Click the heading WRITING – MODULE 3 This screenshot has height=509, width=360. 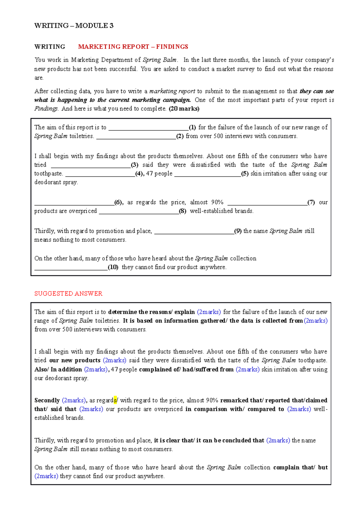[x=74, y=26]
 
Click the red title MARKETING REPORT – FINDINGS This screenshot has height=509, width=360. [x=133, y=47]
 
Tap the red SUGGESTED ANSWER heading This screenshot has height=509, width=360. [x=68, y=293]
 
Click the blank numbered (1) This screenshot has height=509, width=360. [x=148, y=128]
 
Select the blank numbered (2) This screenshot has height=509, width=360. [x=136, y=137]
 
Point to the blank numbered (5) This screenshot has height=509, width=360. [x=207, y=174]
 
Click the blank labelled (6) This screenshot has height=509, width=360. [x=74, y=203]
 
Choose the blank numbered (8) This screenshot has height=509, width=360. [x=139, y=212]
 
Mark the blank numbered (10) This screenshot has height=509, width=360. [x=71, y=268]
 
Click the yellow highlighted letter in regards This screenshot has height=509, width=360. [x=115, y=400]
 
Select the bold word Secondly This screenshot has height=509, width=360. [x=47, y=400]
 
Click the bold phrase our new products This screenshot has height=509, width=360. [x=75, y=360]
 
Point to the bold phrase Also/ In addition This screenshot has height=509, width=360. [x=58, y=369]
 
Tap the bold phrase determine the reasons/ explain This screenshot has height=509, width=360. [x=151, y=312]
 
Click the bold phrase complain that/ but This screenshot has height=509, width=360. [x=300, y=467]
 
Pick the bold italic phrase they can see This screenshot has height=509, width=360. [x=316, y=91]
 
